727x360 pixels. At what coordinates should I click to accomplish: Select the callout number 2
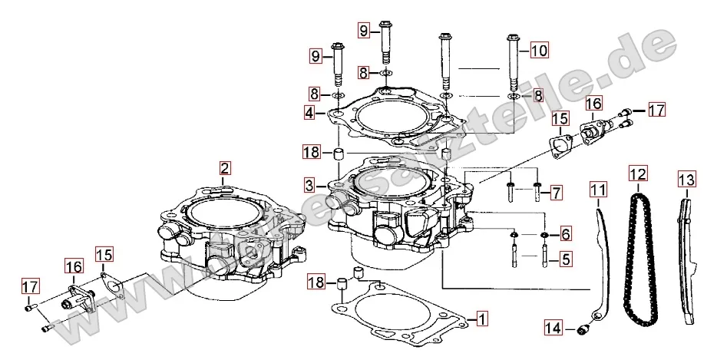coord(224,168)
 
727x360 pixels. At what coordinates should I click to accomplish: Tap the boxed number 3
coord(309,185)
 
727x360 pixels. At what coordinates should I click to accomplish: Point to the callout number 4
coord(309,114)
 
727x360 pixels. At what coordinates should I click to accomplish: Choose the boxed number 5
coord(565,259)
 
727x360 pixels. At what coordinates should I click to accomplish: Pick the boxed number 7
coord(556,191)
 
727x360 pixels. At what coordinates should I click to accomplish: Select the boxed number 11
coord(598,187)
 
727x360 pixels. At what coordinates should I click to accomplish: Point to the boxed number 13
coord(686,180)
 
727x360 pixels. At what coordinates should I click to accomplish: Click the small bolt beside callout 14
coord(582,330)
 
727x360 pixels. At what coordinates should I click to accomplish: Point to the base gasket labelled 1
coord(399,322)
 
